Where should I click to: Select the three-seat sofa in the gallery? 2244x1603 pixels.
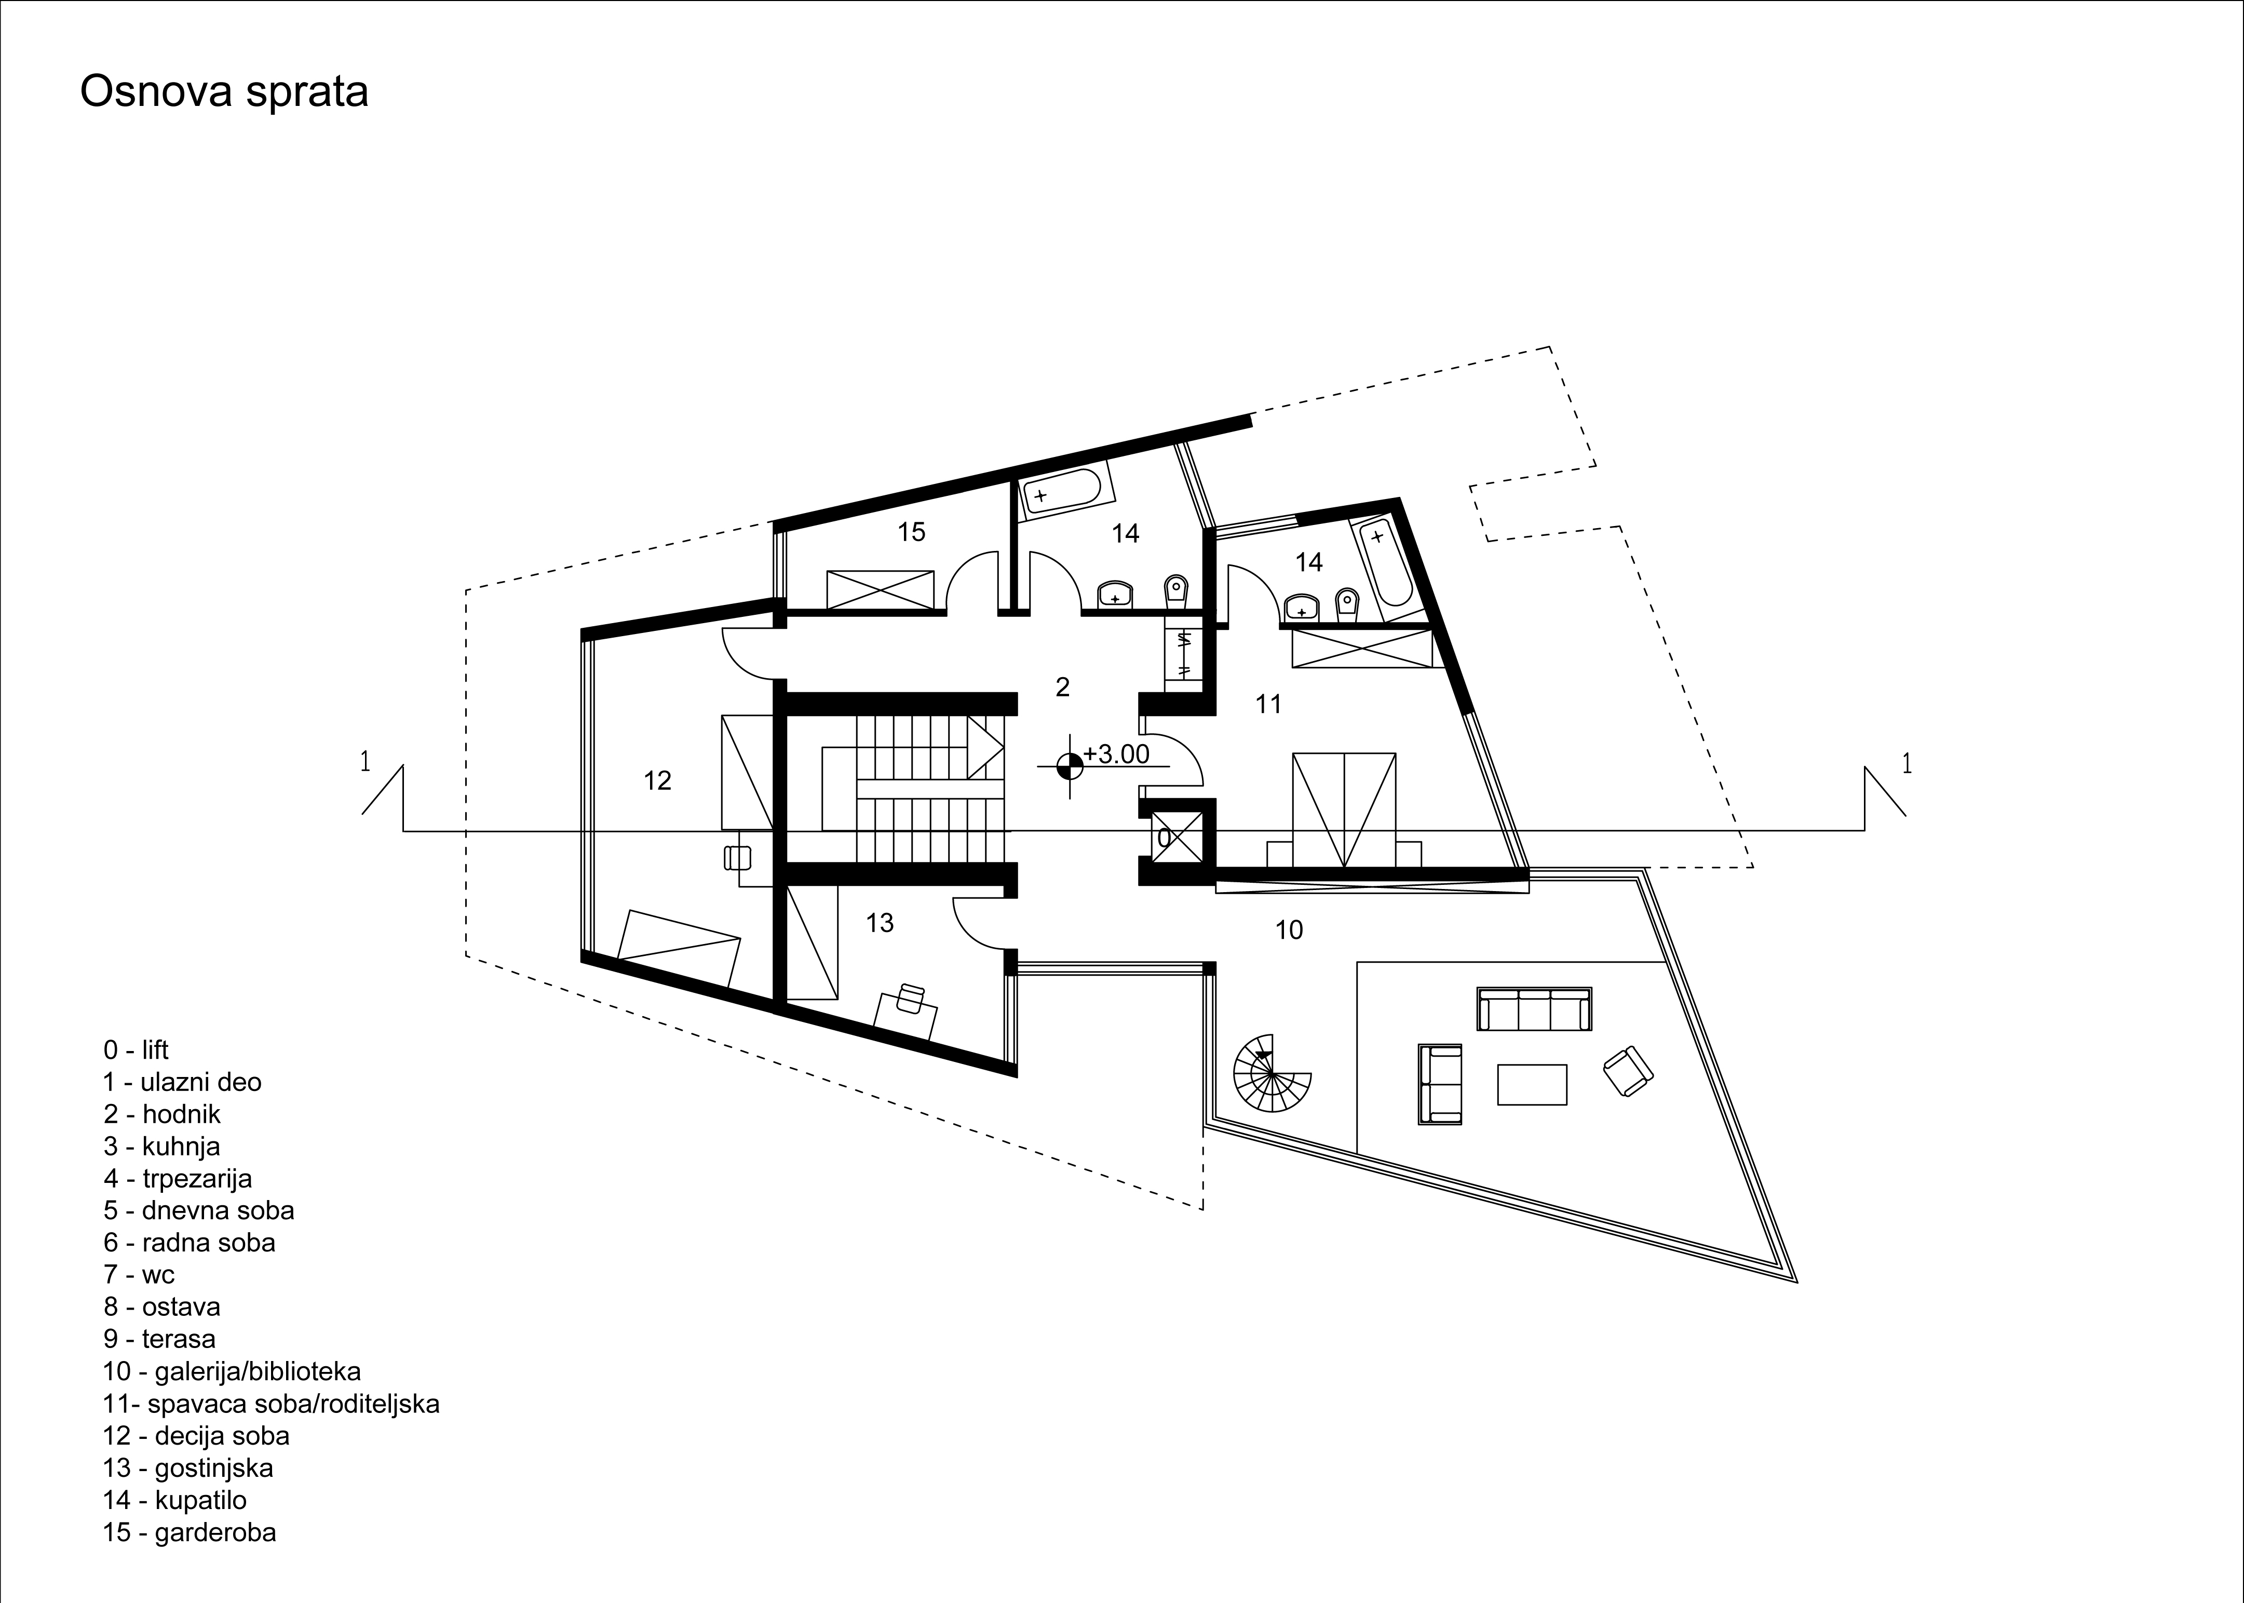(x=1534, y=1009)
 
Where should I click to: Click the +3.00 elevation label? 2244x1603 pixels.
(x=1117, y=754)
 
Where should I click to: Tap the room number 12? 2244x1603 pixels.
(x=657, y=781)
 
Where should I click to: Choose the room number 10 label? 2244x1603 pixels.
(x=1289, y=930)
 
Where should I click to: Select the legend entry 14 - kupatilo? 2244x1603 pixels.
(x=174, y=1500)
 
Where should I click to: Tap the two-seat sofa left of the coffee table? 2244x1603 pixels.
(x=1441, y=1084)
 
